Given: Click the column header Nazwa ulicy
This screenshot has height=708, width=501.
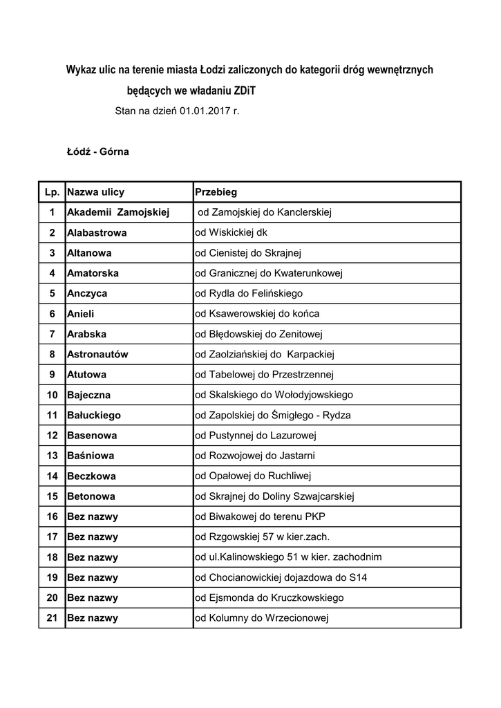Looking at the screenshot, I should coord(95,192).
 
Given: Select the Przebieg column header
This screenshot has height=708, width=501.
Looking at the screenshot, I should coord(216,192).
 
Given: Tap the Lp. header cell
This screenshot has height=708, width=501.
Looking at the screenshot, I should coord(52,192).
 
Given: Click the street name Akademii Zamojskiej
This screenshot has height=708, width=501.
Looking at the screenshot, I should coord(118,212).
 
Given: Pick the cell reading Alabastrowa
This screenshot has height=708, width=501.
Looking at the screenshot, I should coord(97,233).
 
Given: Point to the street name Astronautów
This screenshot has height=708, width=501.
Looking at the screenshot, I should coord(97,354).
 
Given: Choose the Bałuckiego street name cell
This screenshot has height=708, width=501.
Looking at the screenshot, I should coord(94,415).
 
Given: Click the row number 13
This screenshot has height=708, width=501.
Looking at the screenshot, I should coord(52,456).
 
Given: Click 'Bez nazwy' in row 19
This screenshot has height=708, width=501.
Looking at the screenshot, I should coord(93,577).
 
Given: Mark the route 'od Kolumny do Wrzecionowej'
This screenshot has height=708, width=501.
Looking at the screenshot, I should coord(261,617).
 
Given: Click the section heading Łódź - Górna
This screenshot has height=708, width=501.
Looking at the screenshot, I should coord(97,151).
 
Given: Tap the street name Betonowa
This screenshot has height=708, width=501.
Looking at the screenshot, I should coord(91,496).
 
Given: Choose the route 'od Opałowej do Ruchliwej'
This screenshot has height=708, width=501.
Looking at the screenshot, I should coord(254,476).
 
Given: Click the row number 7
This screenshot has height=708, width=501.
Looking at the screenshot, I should coord(52,334).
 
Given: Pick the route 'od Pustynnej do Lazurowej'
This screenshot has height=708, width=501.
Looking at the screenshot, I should coord(255,436).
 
